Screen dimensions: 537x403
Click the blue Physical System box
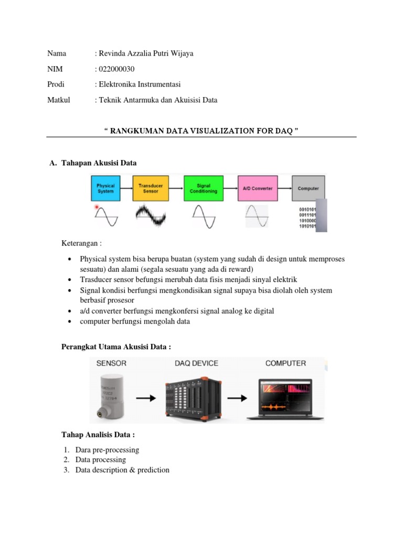(105, 188)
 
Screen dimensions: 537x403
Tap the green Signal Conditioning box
(204, 188)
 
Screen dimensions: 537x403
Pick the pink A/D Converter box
(257, 188)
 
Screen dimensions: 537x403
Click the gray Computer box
(308, 188)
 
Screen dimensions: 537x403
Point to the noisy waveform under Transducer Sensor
(151, 215)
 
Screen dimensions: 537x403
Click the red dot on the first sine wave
(97, 208)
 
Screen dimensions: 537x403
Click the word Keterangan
(81, 243)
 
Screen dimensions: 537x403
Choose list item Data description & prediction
(122, 470)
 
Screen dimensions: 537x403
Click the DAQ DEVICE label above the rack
(196, 363)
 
